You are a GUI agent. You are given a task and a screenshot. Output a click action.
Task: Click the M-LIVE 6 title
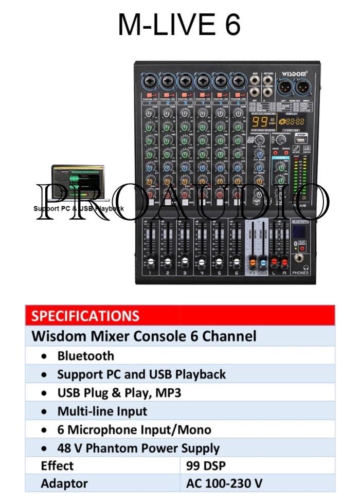point(179,25)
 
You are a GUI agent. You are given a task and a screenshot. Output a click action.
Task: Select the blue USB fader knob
point(262,262)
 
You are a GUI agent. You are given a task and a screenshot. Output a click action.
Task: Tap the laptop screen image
point(78,182)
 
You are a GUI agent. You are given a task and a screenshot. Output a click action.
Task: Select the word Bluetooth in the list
point(86,356)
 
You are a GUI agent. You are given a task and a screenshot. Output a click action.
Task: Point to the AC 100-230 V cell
point(224,483)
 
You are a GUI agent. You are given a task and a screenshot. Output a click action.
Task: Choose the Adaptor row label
point(64,483)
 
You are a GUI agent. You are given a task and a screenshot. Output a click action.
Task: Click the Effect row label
point(57,466)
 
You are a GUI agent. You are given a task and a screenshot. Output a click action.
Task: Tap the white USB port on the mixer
point(300,138)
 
